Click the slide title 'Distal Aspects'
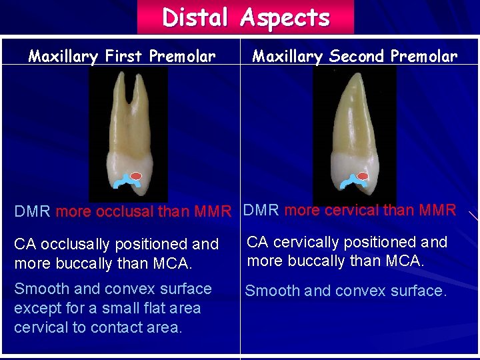click(x=245, y=17)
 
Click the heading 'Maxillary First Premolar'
click(x=121, y=56)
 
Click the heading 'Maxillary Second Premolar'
click(x=355, y=56)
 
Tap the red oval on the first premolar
click(x=136, y=176)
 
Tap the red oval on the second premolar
click(x=363, y=177)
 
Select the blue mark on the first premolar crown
click(x=123, y=182)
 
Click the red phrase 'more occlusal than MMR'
click(x=143, y=213)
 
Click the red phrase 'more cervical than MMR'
click(x=370, y=211)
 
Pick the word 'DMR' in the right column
click(x=261, y=211)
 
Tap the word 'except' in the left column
click(x=36, y=308)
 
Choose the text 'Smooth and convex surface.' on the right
click(x=345, y=291)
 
